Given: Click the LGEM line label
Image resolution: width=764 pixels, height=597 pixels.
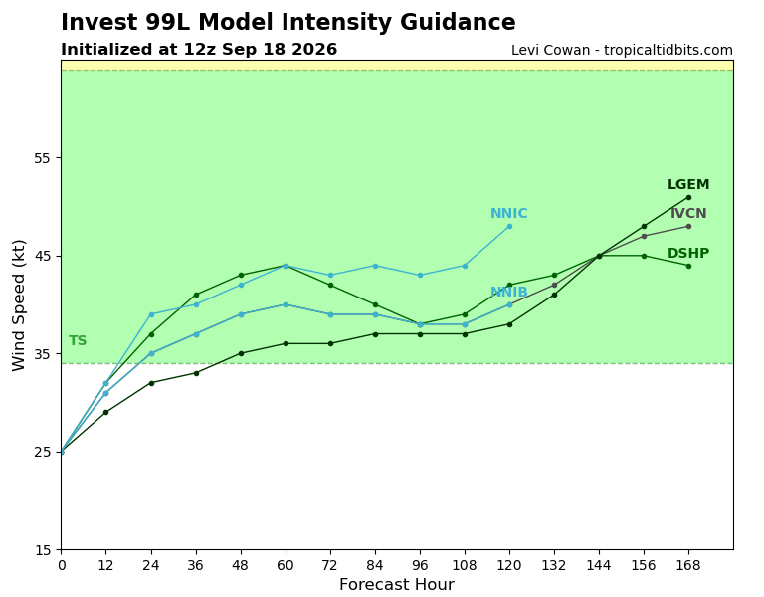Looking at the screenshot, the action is pos(688,185).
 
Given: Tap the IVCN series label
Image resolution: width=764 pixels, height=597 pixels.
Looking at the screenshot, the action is pos(688,214).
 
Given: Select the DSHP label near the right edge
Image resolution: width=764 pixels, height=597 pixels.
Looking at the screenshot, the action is pos(688,253).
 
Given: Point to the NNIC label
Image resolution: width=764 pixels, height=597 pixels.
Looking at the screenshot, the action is pos(508,214).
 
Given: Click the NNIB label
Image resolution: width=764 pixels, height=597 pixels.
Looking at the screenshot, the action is pos(508,292).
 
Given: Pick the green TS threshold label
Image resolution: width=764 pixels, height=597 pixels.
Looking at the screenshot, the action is pos(78,340).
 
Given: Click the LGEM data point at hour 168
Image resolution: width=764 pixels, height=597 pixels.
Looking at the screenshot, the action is pos(688,197).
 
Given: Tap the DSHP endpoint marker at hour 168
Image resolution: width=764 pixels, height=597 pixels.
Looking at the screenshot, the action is pos(688,266).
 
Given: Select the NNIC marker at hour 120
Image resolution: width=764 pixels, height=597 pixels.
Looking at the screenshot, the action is pos(509,226).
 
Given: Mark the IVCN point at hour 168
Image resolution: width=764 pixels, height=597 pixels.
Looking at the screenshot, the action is pos(688,226).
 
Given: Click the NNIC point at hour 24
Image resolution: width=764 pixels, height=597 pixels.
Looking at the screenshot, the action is pos(151,314).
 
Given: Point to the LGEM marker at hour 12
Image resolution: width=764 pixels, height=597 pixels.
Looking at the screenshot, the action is pos(105,412).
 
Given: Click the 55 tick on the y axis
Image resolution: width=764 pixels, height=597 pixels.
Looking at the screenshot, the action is pos(42,158).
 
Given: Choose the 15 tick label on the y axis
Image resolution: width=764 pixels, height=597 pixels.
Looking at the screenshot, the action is pos(42,550).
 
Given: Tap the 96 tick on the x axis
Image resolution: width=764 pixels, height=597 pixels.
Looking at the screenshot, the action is pos(420,565).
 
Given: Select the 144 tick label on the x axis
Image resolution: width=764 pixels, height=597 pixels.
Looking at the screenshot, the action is pos(599,565).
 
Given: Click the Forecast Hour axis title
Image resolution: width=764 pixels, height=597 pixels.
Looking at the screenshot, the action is pos(397,584).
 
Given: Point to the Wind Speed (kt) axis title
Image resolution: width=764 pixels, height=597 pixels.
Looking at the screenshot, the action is pos(18,305).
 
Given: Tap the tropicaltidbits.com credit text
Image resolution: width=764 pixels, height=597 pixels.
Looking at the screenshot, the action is pos(668,50).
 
